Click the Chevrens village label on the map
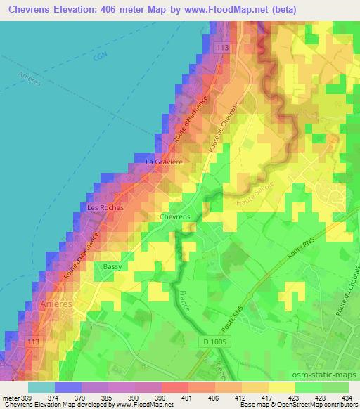coord(175,217)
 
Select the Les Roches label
coord(105,209)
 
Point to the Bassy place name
coord(112,267)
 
